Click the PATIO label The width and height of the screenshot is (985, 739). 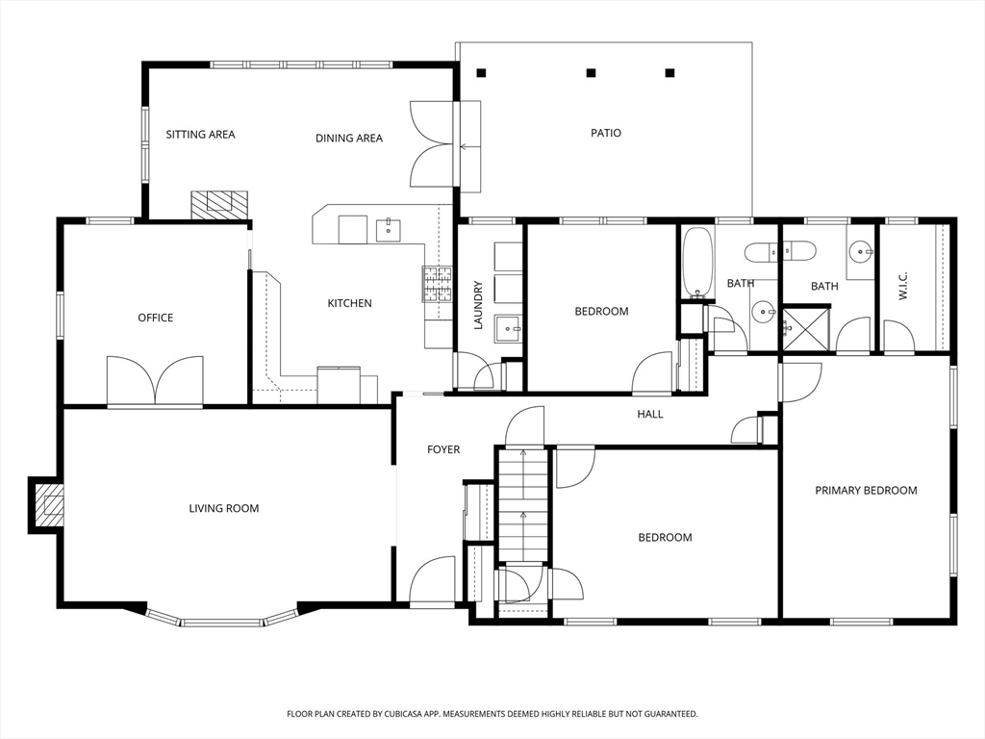(605, 133)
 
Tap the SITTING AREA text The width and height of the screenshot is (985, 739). (200, 135)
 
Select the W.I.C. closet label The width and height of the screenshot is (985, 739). (903, 285)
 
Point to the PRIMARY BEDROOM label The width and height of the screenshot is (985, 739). (866, 491)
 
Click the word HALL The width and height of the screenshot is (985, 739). (650, 415)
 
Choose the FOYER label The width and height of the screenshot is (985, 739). (443, 449)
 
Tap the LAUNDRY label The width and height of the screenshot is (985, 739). (478, 305)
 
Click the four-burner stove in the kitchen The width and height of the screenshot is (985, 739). (436, 284)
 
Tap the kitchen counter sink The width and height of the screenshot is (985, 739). (389, 230)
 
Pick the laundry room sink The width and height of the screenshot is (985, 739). (507, 329)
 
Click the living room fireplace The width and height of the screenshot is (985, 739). (47, 503)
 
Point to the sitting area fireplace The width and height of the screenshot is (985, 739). (218, 203)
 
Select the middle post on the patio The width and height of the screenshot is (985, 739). (591, 72)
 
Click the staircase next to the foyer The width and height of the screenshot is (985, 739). (522, 505)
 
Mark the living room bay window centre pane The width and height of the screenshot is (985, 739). (222, 623)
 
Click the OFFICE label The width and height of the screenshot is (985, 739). (156, 318)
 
